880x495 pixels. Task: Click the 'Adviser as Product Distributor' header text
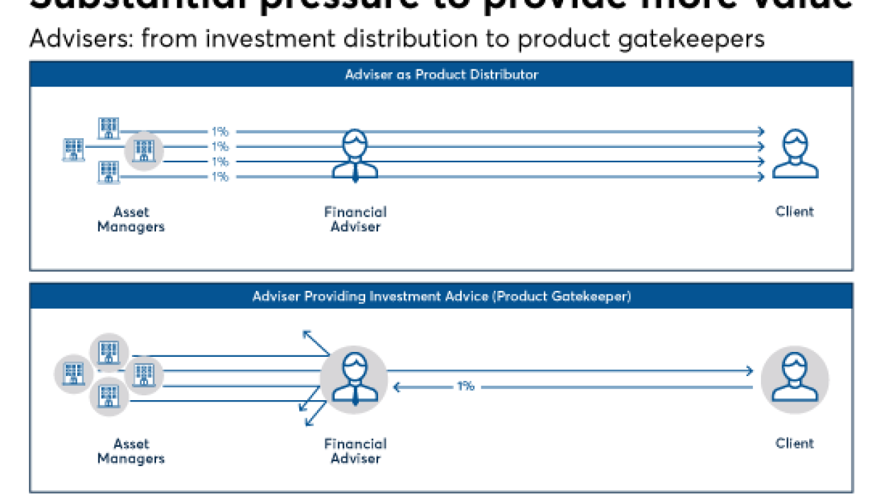(441, 74)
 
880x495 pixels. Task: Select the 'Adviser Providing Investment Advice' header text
(441, 296)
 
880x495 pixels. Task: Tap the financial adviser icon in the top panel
(355, 156)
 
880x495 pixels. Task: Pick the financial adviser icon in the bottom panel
(354, 379)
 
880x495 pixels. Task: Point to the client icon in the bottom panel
(794, 379)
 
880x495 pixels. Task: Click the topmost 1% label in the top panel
(220, 131)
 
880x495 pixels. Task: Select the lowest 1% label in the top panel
(220, 177)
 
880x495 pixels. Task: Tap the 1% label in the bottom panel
(465, 386)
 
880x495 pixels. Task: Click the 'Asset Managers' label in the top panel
(131, 219)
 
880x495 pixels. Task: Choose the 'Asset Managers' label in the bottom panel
(131, 451)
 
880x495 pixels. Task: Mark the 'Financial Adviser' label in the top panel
(355, 219)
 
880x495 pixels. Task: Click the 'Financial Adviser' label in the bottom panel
(355, 451)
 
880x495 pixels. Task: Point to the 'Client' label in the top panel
(795, 212)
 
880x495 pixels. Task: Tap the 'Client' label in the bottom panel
(795, 443)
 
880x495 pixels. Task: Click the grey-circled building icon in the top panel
(144, 150)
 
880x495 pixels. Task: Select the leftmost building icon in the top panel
(74, 149)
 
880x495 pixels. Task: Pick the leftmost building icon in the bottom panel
(74, 374)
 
